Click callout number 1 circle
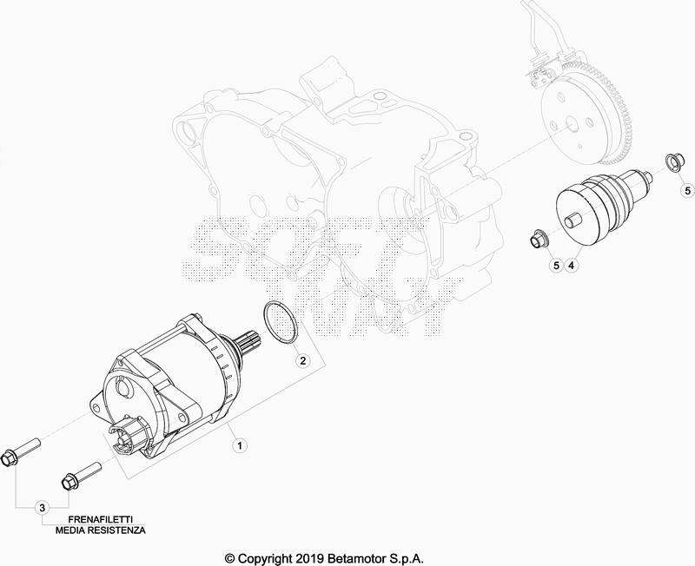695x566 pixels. click(x=240, y=445)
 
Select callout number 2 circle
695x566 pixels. click(x=302, y=360)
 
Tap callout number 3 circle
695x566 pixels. click(x=42, y=508)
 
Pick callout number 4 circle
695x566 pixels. click(x=572, y=266)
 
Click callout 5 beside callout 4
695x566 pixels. click(x=556, y=266)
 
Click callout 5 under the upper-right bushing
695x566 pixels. click(x=688, y=190)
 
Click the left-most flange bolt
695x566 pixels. click(x=21, y=451)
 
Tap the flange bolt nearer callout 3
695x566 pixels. click(x=81, y=475)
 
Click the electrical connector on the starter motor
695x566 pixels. click(x=126, y=434)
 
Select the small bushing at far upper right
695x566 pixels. click(x=672, y=161)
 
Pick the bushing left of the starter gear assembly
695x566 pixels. click(x=539, y=239)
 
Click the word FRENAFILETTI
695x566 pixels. click(x=100, y=519)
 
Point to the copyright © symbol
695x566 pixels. click(x=230, y=558)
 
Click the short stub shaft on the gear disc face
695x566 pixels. click(x=573, y=220)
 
